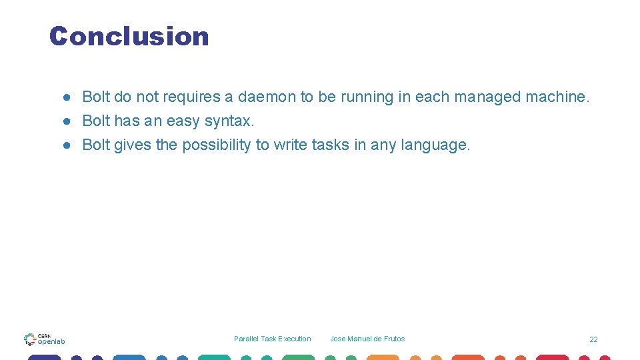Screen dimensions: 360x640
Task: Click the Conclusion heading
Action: coord(129,36)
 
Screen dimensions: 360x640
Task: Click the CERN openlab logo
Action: coord(44,339)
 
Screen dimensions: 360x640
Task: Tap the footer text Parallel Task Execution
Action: coord(272,339)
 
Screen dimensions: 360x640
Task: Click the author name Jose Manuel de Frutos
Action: coord(367,339)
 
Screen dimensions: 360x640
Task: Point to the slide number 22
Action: coord(593,339)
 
